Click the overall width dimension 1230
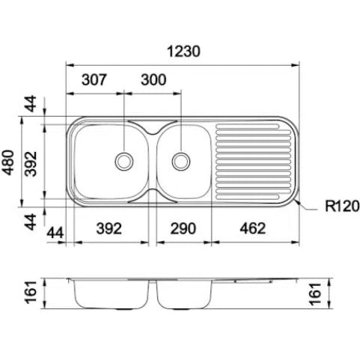click(x=183, y=52)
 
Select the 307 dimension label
click(x=94, y=80)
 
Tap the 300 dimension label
click(x=153, y=80)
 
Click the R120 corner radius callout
click(x=342, y=207)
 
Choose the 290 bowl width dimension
click(x=183, y=228)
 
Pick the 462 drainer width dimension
click(x=253, y=228)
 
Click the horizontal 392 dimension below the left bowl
click(x=109, y=228)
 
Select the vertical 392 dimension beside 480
click(x=31, y=164)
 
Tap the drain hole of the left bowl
click(x=124, y=162)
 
